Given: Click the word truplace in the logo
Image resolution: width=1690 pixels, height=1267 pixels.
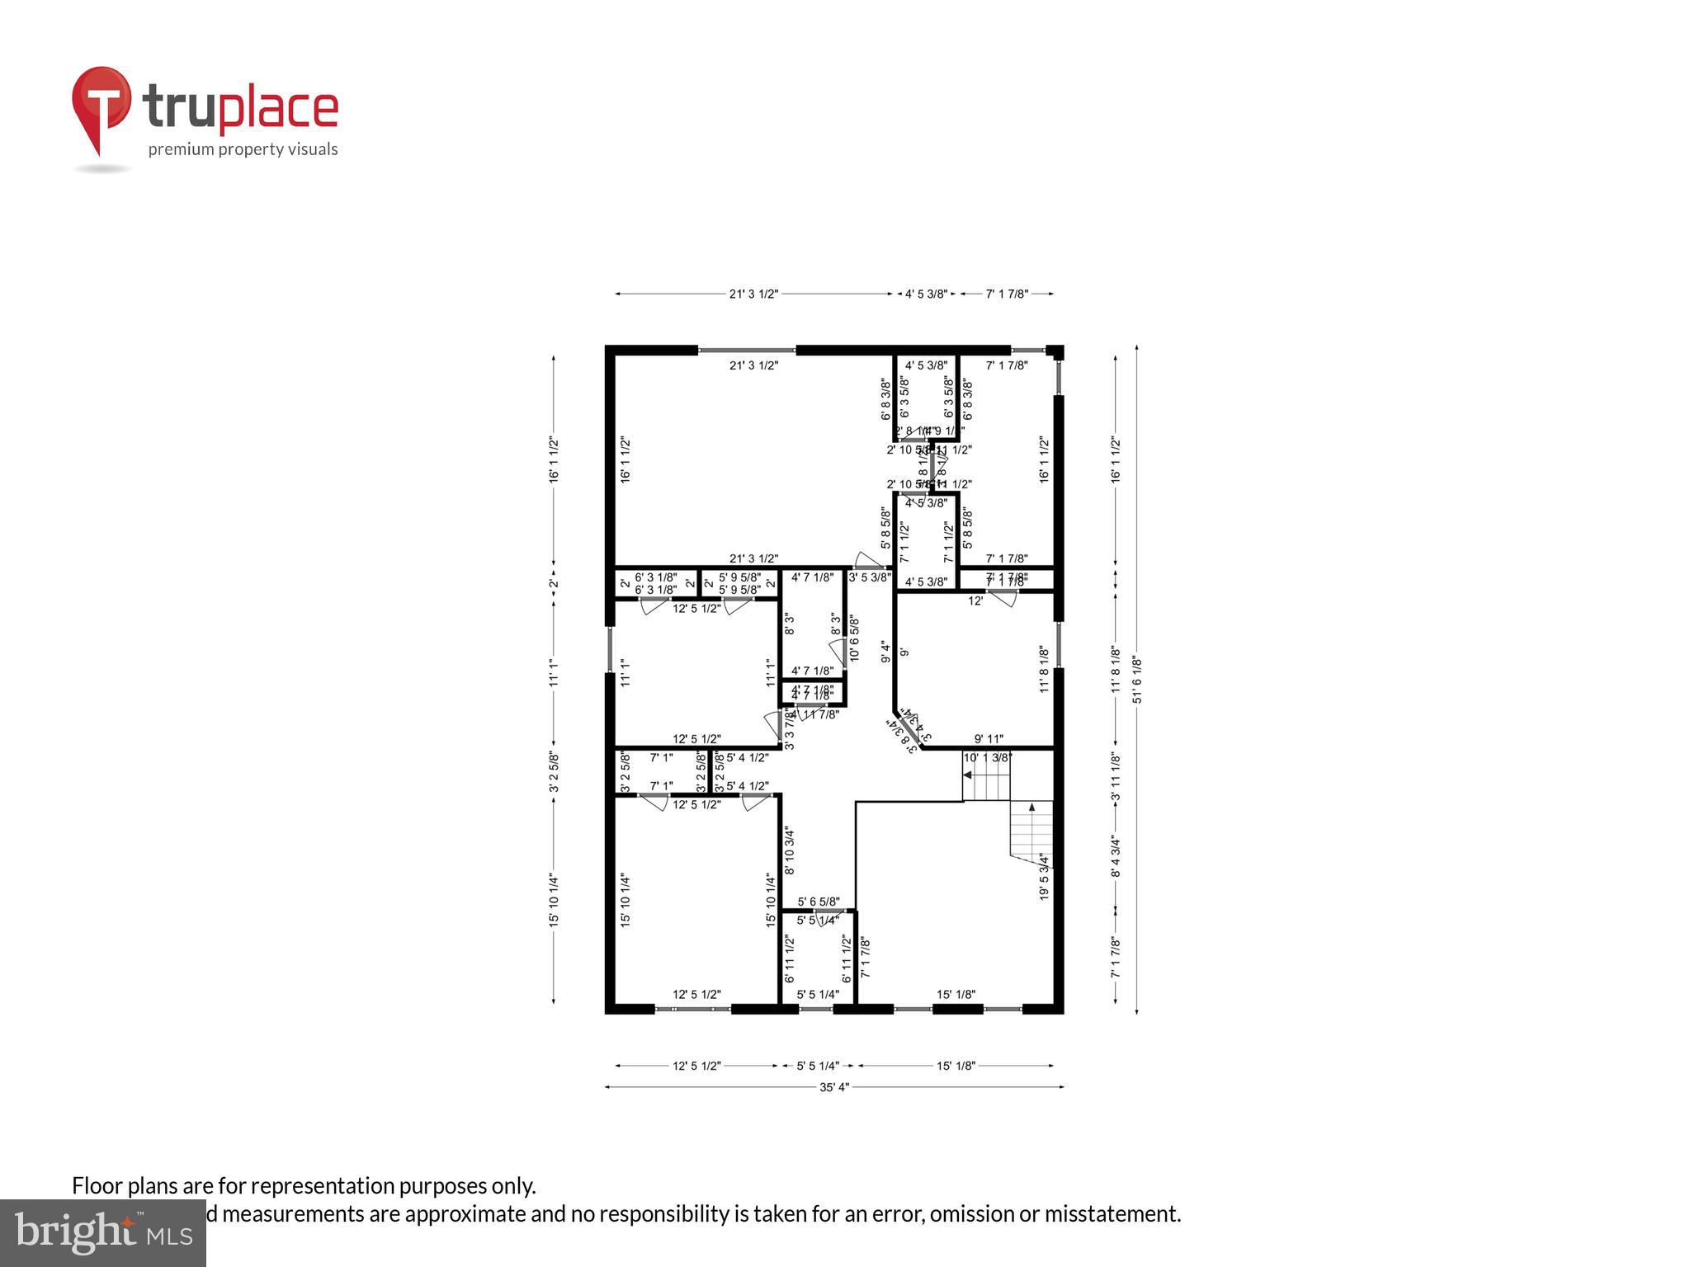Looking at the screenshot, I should point(240,108).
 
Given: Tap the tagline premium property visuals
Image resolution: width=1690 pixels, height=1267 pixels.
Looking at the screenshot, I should point(243,149).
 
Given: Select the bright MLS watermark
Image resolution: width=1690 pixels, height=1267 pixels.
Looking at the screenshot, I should point(102,1233).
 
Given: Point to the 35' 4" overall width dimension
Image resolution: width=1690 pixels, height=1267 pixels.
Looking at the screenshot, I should point(833,1087).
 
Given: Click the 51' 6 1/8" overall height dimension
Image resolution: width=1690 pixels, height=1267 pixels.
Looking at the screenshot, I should point(1137,680).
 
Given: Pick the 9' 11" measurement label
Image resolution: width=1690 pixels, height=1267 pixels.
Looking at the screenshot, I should point(989,739).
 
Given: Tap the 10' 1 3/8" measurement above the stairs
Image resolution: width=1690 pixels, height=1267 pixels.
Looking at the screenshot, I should point(988,757).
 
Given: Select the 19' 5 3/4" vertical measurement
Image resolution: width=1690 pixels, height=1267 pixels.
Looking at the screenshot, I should point(1045,876).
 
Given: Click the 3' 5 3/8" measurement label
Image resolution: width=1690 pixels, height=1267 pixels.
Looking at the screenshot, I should point(870,577).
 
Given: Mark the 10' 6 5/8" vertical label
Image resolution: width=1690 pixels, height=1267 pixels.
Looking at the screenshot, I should point(854,638).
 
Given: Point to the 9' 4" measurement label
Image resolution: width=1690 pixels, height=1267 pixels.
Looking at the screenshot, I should point(885,652).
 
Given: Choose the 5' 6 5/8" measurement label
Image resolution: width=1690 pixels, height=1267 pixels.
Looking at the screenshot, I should point(819,902).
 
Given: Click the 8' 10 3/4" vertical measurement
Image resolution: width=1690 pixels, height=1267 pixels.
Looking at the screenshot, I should point(790,852).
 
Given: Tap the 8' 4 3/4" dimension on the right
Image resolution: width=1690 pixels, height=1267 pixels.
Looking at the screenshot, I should point(1116,857).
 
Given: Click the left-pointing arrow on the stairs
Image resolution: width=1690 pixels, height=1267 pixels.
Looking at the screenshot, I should point(968,775).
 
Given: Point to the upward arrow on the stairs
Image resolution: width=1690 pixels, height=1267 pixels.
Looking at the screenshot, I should point(1031,807).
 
